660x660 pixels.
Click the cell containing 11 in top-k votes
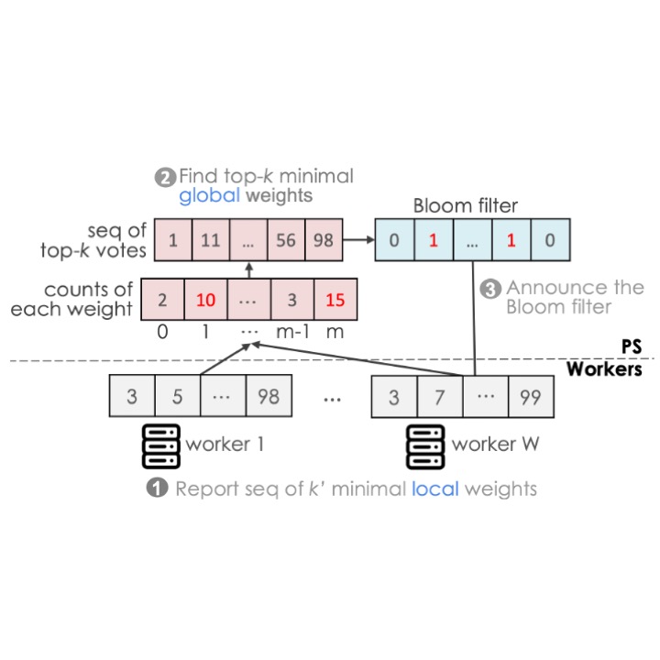211,240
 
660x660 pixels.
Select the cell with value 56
286,240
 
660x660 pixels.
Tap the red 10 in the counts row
205,299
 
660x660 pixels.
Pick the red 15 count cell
335,299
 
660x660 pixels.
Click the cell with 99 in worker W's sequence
531,397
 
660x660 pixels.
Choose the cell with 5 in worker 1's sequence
178,396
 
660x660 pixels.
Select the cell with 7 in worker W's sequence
440,397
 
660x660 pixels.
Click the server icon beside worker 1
161,446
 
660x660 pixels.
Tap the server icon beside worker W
425,446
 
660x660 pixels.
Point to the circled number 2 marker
165,178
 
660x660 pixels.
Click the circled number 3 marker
490,289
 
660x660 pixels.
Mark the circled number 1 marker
157,488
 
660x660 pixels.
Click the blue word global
209,196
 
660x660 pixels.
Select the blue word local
434,489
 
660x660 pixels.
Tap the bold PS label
632,346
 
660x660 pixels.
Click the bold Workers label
604,368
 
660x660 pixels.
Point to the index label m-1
292,332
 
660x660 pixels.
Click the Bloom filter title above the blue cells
465,206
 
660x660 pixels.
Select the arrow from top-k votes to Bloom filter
358,240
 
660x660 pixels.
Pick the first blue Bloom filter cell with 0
394,240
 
